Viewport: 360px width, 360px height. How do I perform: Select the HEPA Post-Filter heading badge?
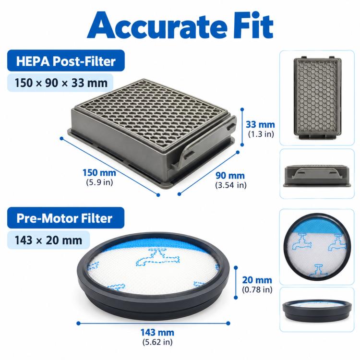point(66,60)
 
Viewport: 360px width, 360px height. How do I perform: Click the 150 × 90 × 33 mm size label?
point(60,83)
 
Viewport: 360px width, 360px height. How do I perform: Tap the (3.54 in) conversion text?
point(231,185)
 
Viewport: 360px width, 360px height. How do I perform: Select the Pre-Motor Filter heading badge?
point(66,218)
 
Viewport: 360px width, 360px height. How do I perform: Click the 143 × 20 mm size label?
point(48,240)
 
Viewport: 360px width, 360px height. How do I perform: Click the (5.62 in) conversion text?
point(157,342)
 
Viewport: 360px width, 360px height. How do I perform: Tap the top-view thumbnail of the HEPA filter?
point(317,98)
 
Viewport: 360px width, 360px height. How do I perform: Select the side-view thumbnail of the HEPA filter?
point(317,174)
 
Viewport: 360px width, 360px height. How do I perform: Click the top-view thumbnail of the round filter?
point(317,247)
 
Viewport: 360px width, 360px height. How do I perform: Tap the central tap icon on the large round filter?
point(158,258)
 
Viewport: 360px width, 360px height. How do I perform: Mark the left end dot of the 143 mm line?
point(79,323)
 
